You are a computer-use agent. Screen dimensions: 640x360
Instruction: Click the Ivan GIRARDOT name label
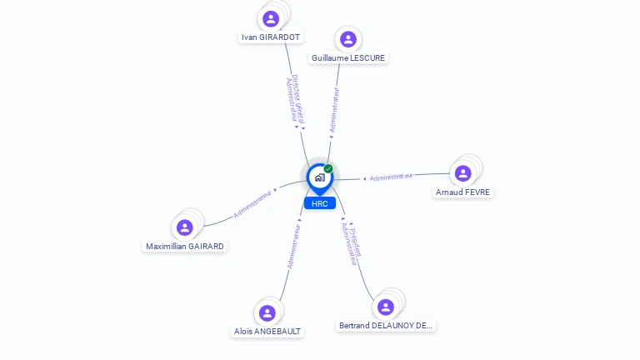271,37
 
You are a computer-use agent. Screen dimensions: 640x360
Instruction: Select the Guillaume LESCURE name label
348,58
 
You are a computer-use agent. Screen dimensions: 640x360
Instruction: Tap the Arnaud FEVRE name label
462,192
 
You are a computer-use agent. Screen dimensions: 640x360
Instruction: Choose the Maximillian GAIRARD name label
184,247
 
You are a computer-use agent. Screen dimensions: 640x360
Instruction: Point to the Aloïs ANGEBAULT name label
267,332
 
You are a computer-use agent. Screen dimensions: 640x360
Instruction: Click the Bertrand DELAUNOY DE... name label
385,326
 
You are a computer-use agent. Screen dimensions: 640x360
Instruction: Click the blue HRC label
320,203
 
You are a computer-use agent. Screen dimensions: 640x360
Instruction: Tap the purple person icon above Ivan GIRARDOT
271,19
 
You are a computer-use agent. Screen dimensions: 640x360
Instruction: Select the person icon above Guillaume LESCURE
348,40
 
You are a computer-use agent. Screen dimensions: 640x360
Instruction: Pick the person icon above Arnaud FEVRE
462,173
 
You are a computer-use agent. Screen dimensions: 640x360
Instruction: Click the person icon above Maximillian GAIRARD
184,227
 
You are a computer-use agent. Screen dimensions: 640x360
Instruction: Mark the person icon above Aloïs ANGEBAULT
267,313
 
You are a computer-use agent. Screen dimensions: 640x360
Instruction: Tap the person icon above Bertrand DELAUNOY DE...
386,307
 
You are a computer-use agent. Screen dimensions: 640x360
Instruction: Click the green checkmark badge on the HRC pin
328,168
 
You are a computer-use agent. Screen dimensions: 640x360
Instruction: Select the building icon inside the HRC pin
320,177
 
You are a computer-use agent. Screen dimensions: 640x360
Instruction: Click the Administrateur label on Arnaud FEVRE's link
391,177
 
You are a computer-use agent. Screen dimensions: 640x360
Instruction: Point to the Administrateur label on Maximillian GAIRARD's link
252,204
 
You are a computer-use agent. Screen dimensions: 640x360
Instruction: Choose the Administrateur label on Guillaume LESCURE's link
334,110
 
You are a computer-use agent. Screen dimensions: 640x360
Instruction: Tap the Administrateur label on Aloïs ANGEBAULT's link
293,247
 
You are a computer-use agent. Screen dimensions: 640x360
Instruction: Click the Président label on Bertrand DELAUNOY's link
355,242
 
